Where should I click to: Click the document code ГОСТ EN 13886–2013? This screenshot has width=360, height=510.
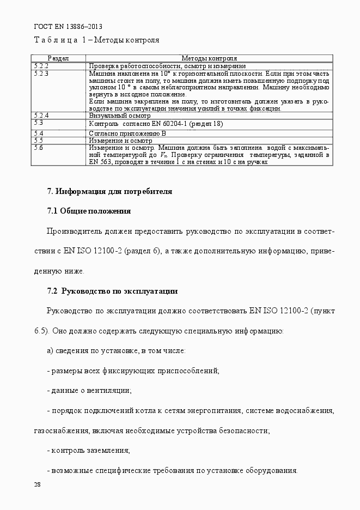[x=68, y=27]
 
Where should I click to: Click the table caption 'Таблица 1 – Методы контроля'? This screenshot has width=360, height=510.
[x=96, y=40]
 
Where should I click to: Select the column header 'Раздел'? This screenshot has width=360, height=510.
[x=58, y=58]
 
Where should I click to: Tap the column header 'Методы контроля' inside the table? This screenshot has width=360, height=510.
[x=209, y=58]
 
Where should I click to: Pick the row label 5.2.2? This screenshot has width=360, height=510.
[x=41, y=66]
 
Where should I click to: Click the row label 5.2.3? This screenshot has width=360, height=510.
[x=41, y=73]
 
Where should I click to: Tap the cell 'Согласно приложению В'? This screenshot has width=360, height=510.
[x=127, y=133]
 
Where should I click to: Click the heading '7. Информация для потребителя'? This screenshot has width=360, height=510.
[x=109, y=191]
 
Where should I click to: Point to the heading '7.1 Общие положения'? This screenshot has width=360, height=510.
[x=89, y=211]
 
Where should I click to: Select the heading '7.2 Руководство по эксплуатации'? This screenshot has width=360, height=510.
[x=112, y=292]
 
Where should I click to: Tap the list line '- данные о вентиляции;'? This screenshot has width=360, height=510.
[x=90, y=391]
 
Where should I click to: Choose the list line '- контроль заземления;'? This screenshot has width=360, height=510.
[x=89, y=451]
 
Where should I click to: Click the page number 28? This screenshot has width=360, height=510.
[x=38, y=484]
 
